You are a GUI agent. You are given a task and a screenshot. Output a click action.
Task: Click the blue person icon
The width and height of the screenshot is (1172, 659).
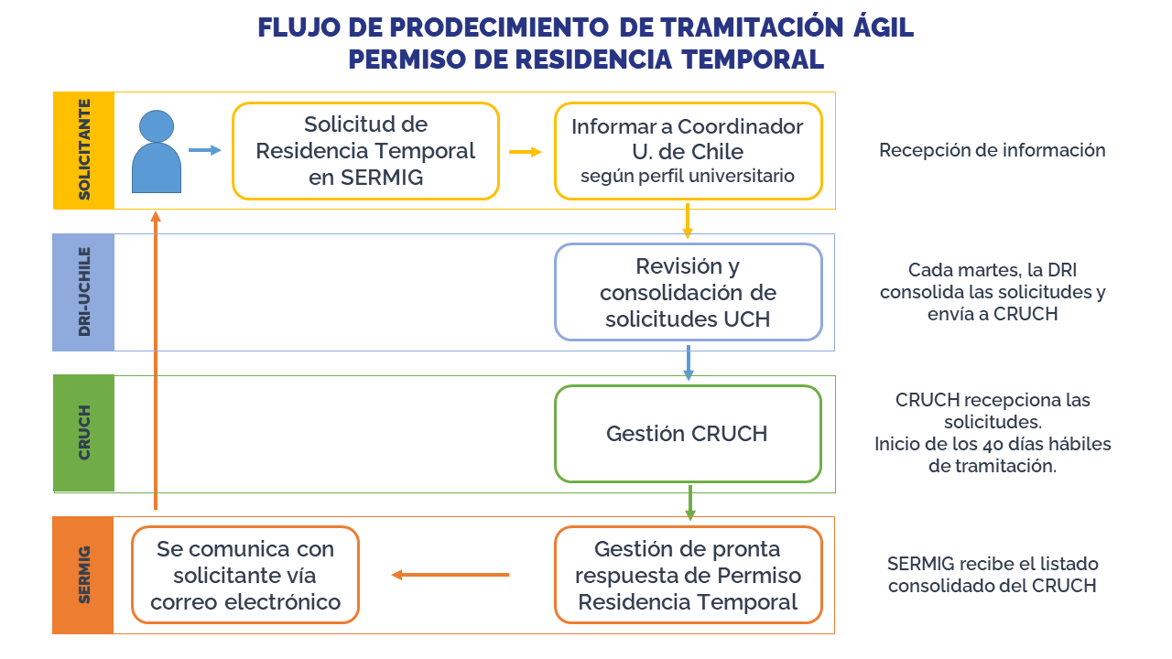pos(157,153)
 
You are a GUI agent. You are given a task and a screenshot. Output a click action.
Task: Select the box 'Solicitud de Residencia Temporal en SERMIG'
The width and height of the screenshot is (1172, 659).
pos(365,151)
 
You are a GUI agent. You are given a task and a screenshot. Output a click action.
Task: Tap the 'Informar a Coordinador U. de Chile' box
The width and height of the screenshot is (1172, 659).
pos(688,151)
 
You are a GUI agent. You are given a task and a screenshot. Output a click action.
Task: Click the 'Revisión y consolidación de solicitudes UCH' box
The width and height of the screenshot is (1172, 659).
pos(688,292)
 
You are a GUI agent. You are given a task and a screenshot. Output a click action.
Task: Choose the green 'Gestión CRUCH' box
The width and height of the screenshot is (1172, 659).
pos(688,434)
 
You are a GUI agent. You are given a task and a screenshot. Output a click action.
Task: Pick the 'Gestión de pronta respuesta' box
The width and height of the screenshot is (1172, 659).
pos(688,575)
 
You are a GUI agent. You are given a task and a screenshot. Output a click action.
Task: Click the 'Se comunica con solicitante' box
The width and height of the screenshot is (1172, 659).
pos(245,575)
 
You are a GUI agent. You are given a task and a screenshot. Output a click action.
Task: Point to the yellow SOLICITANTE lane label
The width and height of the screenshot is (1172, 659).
pos(83,151)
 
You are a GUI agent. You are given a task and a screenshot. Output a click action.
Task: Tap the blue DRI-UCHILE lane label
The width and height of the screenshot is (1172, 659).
pos(83,292)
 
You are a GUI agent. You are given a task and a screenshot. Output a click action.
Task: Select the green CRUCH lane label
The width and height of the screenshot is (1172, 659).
pos(83,434)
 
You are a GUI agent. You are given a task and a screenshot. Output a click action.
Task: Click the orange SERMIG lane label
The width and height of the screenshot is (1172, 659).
pos(83,575)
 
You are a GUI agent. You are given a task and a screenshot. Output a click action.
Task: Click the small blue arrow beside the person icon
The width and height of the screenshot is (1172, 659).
pos(205,150)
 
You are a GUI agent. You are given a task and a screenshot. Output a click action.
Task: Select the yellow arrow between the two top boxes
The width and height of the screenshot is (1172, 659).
pos(526,152)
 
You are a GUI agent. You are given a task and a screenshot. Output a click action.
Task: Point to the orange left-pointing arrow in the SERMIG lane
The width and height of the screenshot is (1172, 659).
pos(450,575)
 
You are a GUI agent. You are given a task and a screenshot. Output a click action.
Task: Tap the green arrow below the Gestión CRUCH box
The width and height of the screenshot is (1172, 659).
pos(689,502)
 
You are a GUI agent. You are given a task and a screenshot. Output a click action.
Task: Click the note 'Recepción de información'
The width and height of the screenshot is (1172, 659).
pos(992,150)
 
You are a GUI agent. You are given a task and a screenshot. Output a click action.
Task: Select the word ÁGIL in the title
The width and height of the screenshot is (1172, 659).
pos(882,27)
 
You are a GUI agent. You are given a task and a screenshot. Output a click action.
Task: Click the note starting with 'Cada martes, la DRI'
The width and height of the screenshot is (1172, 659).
pos(993,292)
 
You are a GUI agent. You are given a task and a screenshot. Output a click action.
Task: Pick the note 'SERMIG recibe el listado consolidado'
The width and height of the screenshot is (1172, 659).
pos(993,575)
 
